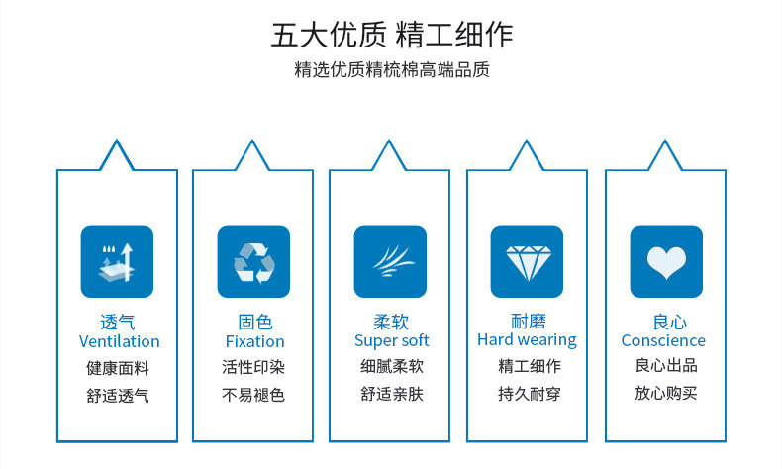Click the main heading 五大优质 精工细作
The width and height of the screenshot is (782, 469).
point(392,35)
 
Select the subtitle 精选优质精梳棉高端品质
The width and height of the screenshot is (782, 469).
point(392,70)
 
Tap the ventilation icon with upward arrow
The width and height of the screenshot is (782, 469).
point(117,261)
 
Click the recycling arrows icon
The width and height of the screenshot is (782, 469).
point(253,261)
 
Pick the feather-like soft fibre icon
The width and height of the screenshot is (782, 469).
point(390,261)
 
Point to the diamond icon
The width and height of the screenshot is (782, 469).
point(528,261)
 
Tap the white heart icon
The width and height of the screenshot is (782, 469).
point(666,261)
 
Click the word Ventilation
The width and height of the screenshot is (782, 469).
point(119,341)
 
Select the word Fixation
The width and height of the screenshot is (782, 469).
point(254,341)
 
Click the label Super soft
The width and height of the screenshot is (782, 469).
point(392,341)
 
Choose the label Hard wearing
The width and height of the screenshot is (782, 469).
point(528,340)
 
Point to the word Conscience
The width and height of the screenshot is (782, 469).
point(663,340)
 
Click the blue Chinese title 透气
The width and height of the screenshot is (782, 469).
point(118,322)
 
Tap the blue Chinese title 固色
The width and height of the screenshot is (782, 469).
point(254,322)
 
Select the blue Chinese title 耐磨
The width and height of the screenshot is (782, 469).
point(529,321)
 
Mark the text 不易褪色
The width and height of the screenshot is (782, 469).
point(253,395)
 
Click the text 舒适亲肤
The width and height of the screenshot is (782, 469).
point(392,394)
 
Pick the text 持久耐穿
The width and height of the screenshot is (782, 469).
point(530,394)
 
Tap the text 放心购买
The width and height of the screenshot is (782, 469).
point(666,393)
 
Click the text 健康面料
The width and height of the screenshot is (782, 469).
point(118,368)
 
